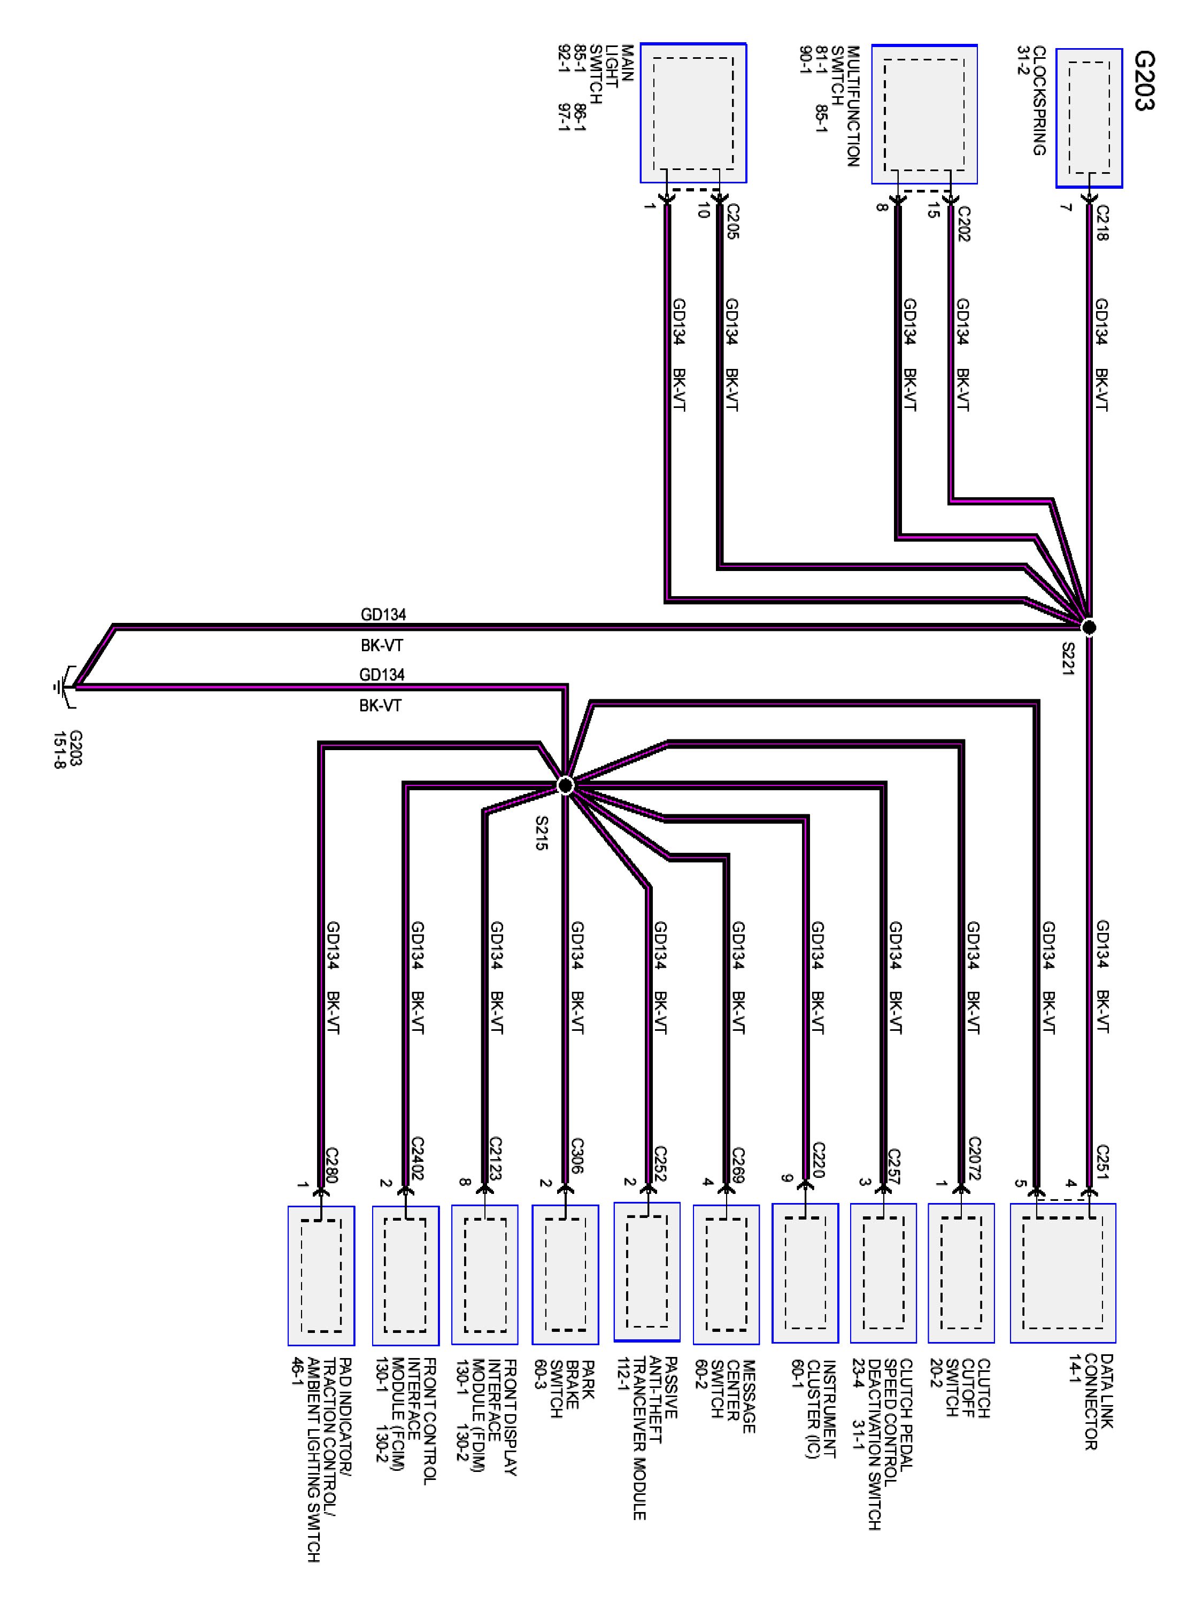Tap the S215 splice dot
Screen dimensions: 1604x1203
(566, 785)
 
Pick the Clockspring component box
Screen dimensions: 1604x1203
(1089, 118)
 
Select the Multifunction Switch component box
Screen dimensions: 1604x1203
(924, 114)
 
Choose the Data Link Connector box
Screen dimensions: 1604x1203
(1062, 1273)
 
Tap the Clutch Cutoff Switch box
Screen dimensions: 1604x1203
(961, 1273)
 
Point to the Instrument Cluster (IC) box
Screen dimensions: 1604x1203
(805, 1273)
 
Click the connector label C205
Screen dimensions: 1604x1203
(732, 221)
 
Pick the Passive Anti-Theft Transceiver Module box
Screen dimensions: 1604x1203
(647, 1272)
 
